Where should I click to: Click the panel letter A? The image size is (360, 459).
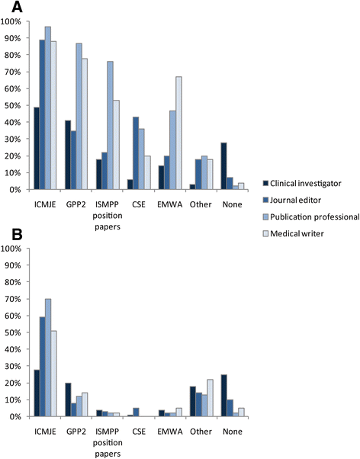click(17, 7)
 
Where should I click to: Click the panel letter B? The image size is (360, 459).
click(17, 235)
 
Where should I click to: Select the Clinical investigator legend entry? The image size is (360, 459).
click(302, 184)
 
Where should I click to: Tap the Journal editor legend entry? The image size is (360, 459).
click(292, 201)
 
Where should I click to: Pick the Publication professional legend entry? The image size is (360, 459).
click(310, 217)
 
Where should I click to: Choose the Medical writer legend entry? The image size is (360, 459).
click(293, 233)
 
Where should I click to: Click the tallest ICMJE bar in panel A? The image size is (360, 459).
click(48, 108)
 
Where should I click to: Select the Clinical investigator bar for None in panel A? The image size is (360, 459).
click(223, 166)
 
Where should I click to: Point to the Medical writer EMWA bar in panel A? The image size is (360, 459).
click(178, 133)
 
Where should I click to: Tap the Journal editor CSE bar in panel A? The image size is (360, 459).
click(136, 153)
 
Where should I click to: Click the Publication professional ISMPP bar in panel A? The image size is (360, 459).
click(110, 126)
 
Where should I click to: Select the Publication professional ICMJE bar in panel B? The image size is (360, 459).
click(48, 358)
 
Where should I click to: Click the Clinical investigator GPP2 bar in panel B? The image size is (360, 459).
click(68, 400)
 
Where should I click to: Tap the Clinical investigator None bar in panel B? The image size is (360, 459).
click(223, 396)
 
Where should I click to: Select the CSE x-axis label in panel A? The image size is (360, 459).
click(139, 204)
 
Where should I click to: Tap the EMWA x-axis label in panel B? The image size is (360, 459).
click(170, 432)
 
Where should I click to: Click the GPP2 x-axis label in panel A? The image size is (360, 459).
click(76, 204)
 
